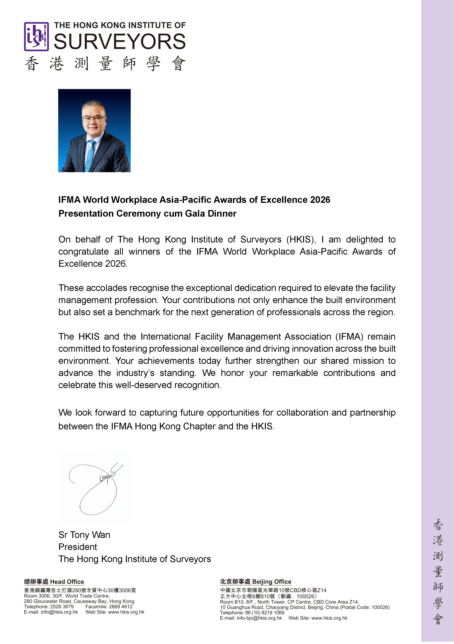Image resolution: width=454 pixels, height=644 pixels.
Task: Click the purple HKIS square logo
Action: pyautogui.click(x=36, y=37)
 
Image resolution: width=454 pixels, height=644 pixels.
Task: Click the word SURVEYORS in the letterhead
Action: pyautogui.click(x=120, y=41)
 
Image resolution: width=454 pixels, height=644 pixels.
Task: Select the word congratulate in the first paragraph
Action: pyautogui.click(x=83, y=252)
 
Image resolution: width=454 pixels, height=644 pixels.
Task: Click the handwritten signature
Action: pyautogui.click(x=95, y=488)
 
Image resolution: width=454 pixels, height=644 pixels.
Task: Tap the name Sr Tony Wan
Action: pyautogui.click(x=84, y=535)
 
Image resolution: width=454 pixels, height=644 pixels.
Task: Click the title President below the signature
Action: pyautogui.click(x=78, y=547)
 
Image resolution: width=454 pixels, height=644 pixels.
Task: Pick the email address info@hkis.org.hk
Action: pyautogui.click(x=59, y=612)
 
